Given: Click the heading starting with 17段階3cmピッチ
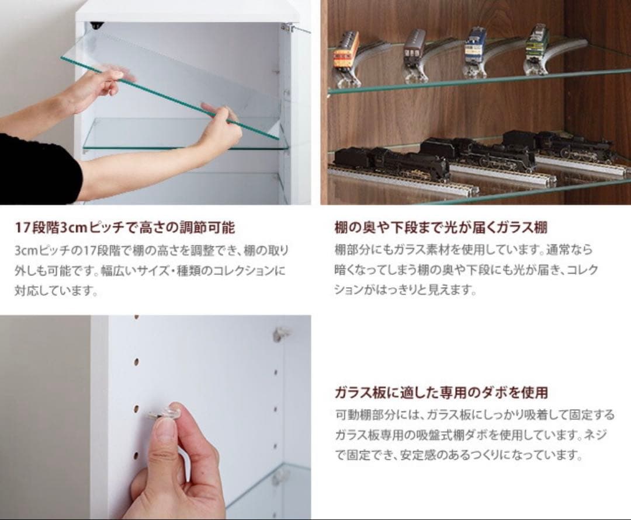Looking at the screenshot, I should pos(125,226).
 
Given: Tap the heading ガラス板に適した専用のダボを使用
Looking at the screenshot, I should pos(441,392).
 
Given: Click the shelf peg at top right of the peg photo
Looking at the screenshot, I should pos(282,334).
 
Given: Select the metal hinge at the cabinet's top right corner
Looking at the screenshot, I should pos(287,27).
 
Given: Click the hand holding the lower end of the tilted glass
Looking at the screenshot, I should pos(219,131).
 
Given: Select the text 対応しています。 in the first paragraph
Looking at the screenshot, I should pos(56,290).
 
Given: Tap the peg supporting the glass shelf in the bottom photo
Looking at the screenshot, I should pos(280,476).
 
